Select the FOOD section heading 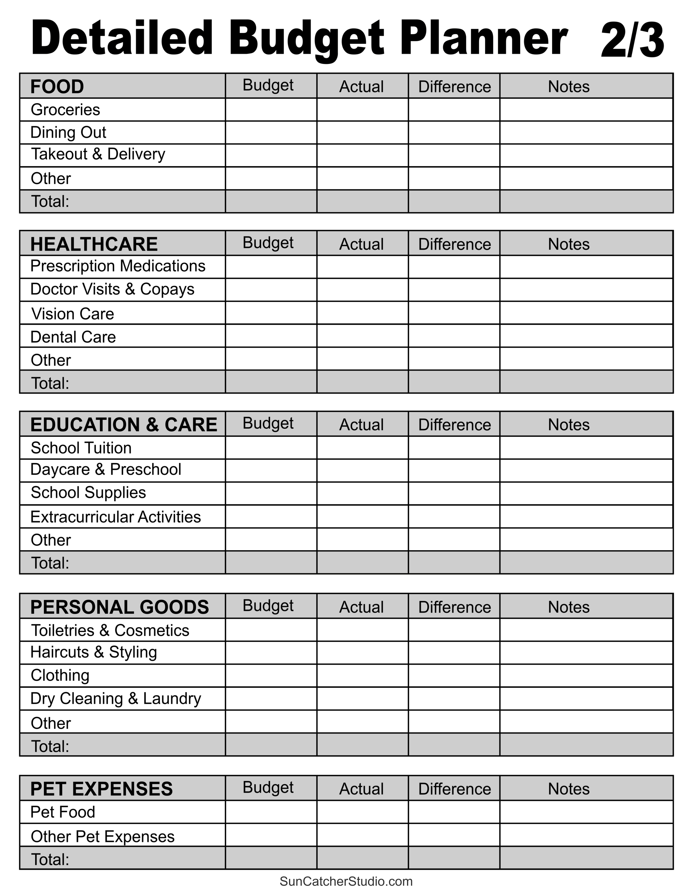(x=57, y=87)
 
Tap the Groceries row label (x=65, y=110)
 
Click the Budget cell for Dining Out (x=271, y=133)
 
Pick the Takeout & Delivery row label (x=98, y=154)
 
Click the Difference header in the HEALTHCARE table (x=454, y=244)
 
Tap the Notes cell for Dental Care (x=586, y=336)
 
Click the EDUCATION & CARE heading (x=124, y=425)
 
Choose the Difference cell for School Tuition (x=454, y=448)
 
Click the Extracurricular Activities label (x=116, y=517)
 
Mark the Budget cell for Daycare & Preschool (x=271, y=471)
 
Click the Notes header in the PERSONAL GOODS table (x=569, y=607)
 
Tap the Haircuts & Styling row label (x=93, y=652)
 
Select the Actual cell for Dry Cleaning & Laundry (x=362, y=699)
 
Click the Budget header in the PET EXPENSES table (x=268, y=787)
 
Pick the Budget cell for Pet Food (x=271, y=812)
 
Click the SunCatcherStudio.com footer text (x=346, y=881)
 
